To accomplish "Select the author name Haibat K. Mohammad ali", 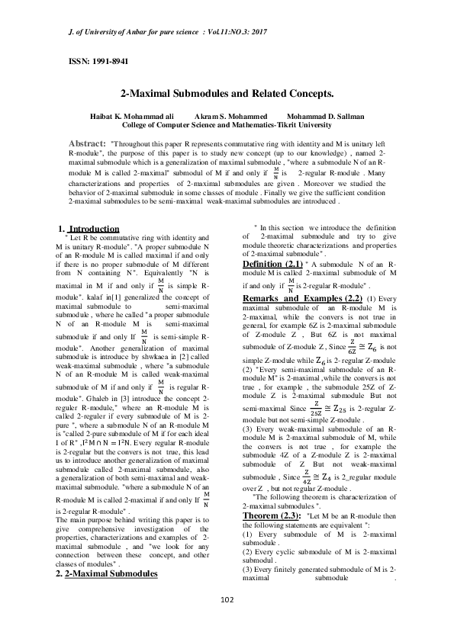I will click(x=124, y=115).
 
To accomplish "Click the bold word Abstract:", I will click(x=89, y=143).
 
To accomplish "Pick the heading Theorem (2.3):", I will click(x=272, y=516).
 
